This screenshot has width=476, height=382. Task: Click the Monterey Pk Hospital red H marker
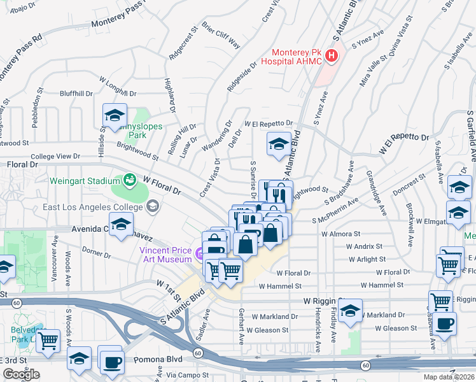(x=331, y=57)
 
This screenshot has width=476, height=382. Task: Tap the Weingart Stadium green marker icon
(x=130, y=180)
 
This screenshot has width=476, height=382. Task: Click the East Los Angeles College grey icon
(x=152, y=206)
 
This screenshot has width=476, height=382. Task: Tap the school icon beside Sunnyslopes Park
(x=115, y=115)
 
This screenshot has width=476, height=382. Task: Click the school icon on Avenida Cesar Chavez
(x=121, y=224)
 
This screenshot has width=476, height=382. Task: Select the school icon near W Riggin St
(x=349, y=311)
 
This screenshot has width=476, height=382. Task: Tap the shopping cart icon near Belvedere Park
(x=48, y=340)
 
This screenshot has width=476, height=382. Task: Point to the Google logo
(x=21, y=374)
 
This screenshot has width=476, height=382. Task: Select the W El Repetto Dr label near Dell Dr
(x=269, y=124)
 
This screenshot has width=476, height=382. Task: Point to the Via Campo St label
(x=184, y=376)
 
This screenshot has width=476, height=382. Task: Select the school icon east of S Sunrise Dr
(x=279, y=145)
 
